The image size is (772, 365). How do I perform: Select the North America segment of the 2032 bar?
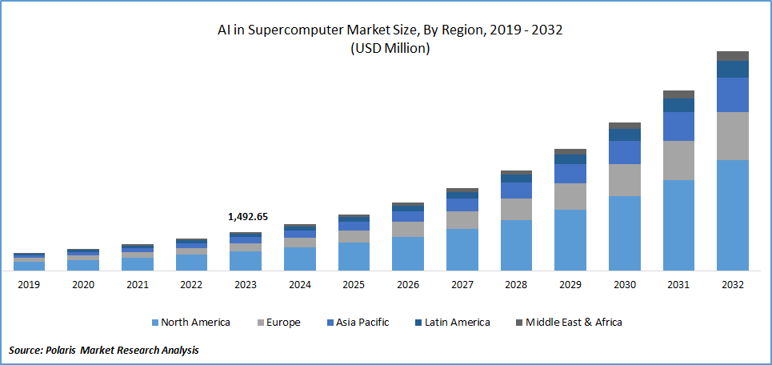pos(732,215)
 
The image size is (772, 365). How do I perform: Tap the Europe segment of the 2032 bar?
pos(732,135)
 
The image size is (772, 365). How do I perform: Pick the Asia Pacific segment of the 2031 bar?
pos(678,126)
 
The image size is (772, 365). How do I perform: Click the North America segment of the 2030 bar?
pos(624,233)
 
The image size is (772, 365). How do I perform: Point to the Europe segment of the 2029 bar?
pos(570,196)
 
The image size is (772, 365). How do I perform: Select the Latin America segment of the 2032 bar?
pos(732,69)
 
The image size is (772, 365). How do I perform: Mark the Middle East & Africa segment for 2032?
pos(732,56)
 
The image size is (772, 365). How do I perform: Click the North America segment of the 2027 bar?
pos(462,249)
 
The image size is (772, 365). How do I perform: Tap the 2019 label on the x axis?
pos(29,284)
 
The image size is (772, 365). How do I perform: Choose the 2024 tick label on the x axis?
pos(299,284)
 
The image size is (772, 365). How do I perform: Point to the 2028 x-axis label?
pos(516,284)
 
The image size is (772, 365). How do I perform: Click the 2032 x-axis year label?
pos(732,284)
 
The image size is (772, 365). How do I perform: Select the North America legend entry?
pos(194,323)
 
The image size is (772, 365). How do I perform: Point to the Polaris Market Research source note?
pos(104,351)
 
